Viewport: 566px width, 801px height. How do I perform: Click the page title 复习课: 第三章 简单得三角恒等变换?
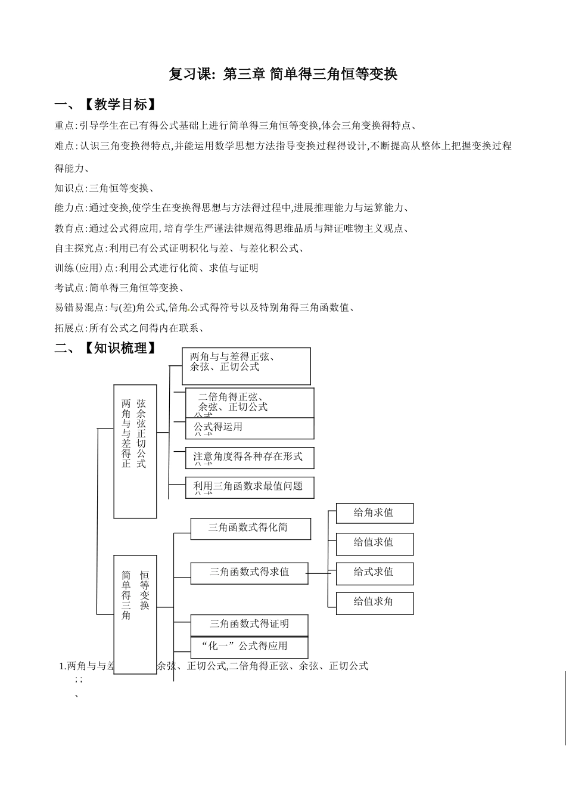coord(283,74)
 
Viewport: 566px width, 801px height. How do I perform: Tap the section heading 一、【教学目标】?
coord(106,105)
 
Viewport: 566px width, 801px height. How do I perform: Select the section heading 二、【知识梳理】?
coord(106,348)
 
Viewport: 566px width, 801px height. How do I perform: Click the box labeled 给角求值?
coord(374,513)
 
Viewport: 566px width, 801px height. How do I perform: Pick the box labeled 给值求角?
coord(374,603)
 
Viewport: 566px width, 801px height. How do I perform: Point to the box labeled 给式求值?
coord(374,573)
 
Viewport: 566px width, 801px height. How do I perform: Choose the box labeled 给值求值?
coord(374,543)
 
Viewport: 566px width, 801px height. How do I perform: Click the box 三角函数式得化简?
coord(250,529)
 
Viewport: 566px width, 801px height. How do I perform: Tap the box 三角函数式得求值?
coord(249,573)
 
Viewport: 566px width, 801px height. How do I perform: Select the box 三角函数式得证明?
coord(249,625)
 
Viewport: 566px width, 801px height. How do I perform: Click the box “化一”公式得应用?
coord(249,647)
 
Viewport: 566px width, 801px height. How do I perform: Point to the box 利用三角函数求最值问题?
coord(249,487)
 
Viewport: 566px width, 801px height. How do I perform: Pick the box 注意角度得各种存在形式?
coord(249,457)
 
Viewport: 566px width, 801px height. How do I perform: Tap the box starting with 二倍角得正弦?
coord(249,402)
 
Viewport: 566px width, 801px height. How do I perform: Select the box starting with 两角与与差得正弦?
coord(246,365)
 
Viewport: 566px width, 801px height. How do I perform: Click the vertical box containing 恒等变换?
coord(135,614)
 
